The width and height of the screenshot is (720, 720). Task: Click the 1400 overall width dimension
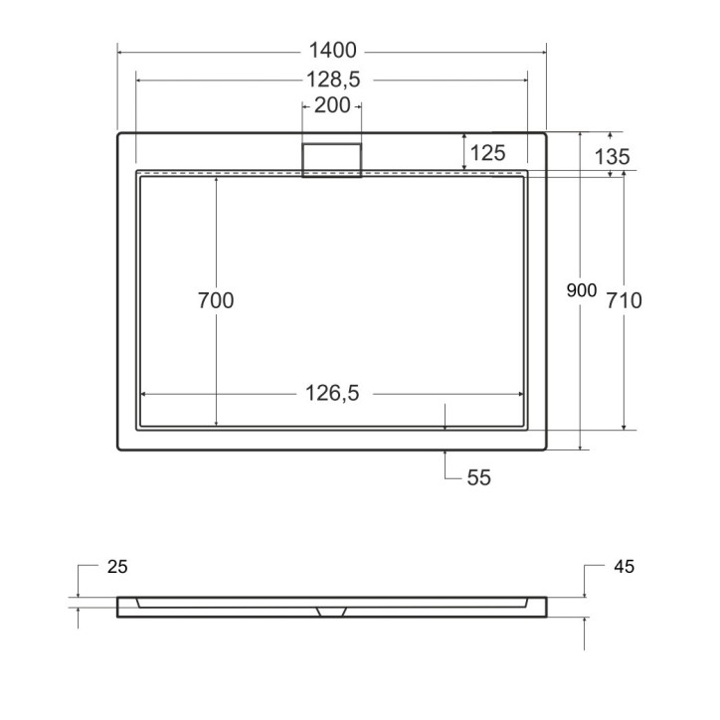coord(333,51)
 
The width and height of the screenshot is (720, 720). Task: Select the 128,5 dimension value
coord(333,79)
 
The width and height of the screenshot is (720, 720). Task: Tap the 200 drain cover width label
coord(331,105)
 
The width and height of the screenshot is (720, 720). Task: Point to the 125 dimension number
coord(488,152)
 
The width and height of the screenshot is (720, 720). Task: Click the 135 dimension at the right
coord(612,156)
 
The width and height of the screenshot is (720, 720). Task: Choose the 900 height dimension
coord(581,290)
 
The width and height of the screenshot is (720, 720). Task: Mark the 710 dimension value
coord(624,300)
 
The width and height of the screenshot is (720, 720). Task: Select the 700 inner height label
coord(216,300)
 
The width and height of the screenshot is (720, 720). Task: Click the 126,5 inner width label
coord(333,395)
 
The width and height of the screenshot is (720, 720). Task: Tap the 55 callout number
coord(479,478)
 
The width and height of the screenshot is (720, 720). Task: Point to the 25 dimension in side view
coord(116,567)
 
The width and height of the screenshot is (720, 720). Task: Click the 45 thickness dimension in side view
coord(625,567)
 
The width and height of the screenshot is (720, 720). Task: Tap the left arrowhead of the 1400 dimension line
coord(121,51)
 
